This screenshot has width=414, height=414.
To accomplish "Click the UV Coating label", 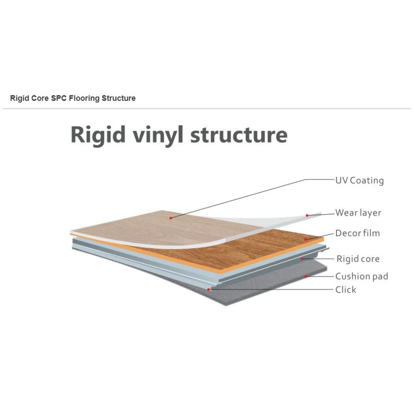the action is (x=359, y=181).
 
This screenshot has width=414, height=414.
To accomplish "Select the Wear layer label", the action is (x=358, y=213).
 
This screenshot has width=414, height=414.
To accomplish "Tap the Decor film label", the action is (x=358, y=233).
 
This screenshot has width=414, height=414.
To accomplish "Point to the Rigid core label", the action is (x=358, y=259).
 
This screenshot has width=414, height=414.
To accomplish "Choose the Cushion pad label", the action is (x=362, y=276).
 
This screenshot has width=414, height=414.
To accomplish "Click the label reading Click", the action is (x=346, y=290).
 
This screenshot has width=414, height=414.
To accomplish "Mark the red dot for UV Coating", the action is (x=171, y=218).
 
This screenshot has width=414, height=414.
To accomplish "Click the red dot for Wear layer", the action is (x=307, y=215).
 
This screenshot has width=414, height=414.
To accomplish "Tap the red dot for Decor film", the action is (x=306, y=240).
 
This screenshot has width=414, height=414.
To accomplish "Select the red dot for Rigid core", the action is (x=302, y=259).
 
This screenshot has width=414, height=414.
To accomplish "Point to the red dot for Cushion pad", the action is (x=306, y=276).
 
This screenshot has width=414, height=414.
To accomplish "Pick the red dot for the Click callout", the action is (x=209, y=290).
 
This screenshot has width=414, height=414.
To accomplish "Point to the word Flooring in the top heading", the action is (x=84, y=99).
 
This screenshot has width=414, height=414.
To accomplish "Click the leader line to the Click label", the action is (x=271, y=290).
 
